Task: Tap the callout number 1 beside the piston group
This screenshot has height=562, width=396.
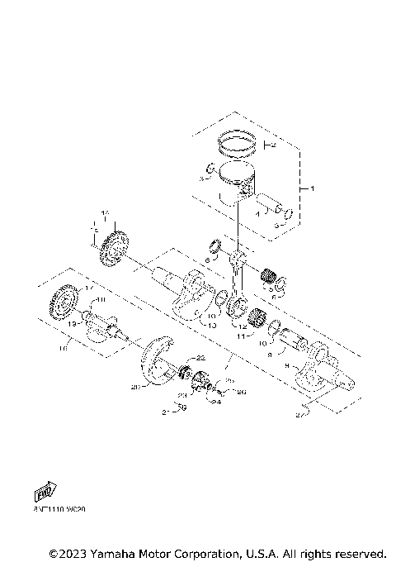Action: [x=312, y=188]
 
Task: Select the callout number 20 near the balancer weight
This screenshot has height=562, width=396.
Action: [x=136, y=385]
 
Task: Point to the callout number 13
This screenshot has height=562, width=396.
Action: [x=212, y=326]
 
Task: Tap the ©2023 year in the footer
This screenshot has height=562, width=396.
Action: [x=70, y=552]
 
